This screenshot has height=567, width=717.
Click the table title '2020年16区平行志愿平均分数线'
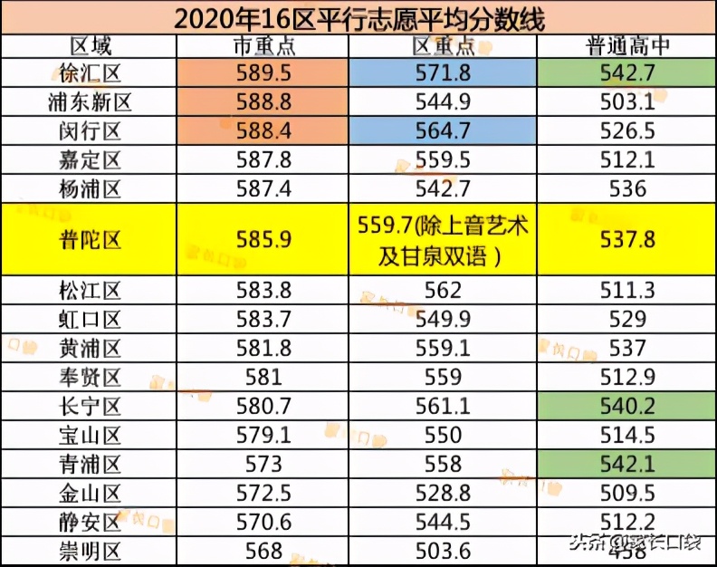pos(358,17)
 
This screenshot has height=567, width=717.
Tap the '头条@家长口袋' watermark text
pos(635,543)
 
